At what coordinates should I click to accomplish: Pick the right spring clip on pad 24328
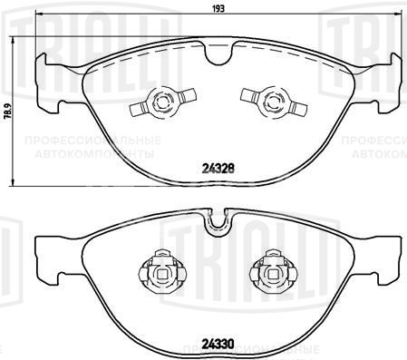tap(267, 102)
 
